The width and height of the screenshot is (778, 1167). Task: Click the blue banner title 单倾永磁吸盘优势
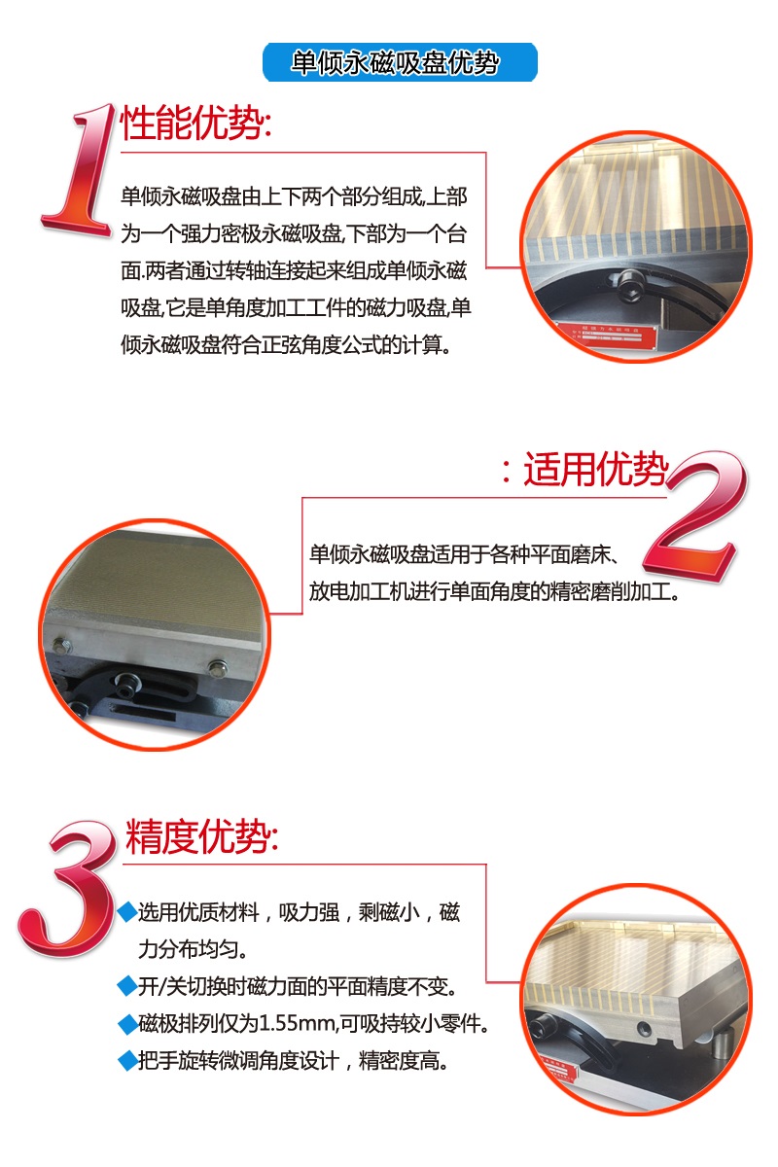(395, 63)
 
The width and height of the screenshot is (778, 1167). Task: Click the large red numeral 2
(695, 515)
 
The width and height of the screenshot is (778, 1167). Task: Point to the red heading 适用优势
(595, 469)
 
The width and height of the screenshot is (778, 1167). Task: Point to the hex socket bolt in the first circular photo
(631, 286)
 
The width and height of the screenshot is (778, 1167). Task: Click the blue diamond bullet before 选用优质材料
(127, 912)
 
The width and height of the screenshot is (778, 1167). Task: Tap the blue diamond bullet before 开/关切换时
(127, 987)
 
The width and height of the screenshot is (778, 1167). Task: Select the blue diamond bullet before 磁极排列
(127, 1024)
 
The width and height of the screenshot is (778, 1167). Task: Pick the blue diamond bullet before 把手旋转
(127, 1061)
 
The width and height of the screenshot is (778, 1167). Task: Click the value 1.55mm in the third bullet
(297, 1024)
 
